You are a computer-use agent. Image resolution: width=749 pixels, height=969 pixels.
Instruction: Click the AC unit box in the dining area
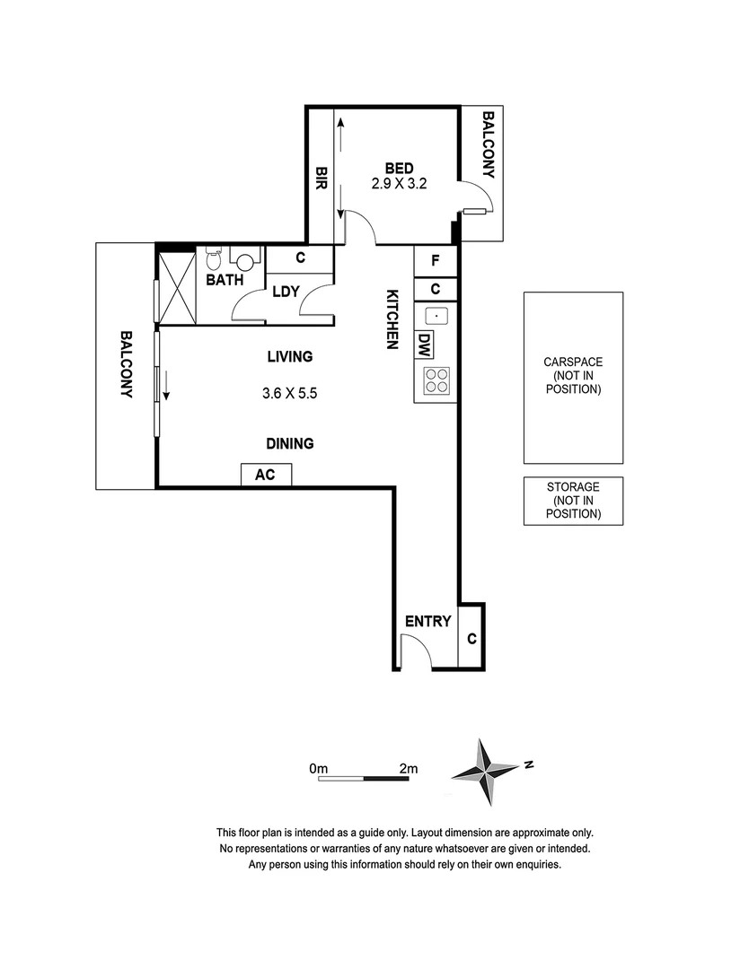(x=265, y=475)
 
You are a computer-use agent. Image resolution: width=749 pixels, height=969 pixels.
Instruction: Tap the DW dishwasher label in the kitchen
(x=424, y=344)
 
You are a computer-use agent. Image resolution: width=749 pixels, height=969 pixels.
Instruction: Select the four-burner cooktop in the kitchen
(x=436, y=381)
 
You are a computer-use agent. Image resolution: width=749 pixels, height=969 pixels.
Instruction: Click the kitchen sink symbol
(x=436, y=315)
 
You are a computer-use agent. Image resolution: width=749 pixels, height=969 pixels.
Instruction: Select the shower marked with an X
(x=176, y=286)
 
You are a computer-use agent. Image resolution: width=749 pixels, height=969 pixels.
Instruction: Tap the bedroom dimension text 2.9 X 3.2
(x=400, y=186)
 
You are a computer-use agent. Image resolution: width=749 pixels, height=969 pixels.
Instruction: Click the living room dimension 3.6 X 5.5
(x=290, y=393)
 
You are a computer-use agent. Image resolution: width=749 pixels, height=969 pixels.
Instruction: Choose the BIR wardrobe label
(x=321, y=179)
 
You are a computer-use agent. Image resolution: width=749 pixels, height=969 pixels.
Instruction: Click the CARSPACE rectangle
(x=573, y=377)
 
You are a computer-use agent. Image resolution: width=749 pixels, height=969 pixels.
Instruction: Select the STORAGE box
(x=573, y=501)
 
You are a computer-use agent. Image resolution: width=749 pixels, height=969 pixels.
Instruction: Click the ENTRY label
(x=427, y=621)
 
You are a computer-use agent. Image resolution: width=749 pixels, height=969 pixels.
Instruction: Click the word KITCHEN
(x=392, y=319)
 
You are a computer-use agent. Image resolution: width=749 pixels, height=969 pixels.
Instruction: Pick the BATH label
(x=225, y=280)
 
